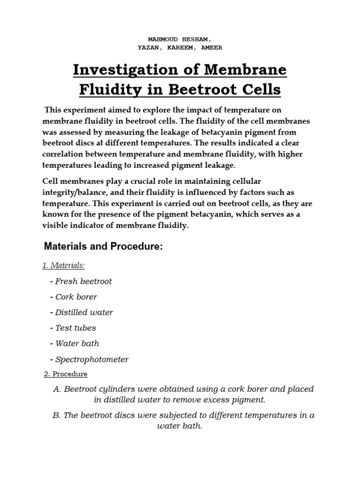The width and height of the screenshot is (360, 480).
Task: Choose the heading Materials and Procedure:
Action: coord(103,247)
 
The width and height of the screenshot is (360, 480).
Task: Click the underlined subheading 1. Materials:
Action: coord(64,266)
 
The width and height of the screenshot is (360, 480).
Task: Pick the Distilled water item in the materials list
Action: coord(84,312)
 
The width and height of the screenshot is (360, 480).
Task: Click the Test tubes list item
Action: coord(75,328)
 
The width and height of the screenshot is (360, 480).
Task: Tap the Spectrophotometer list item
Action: coord(92,359)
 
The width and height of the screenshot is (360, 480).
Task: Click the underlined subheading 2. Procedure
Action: coord(65,374)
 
